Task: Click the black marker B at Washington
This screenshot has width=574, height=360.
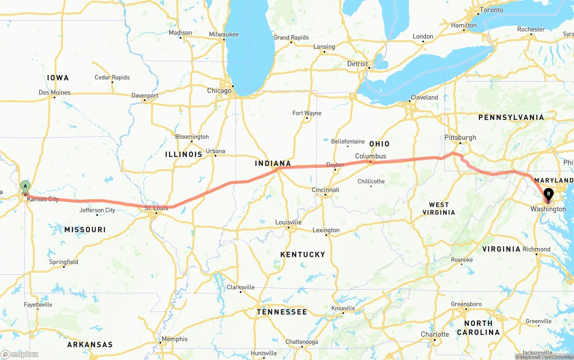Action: point(548,195)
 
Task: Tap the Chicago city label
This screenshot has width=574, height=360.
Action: point(219,91)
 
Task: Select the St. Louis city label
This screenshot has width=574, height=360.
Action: point(156,208)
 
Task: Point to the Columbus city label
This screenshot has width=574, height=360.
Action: point(370,156)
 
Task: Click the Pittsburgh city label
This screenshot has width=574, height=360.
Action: point(460,138)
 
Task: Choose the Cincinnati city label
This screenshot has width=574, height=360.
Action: point(325,190)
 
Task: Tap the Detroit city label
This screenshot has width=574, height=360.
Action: point(357,64)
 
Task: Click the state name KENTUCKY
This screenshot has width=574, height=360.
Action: point(303,255)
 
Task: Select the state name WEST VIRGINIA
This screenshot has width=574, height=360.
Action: point(439,208)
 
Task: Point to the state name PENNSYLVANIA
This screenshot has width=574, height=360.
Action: point(511,117)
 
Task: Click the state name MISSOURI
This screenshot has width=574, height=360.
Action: point(85,230)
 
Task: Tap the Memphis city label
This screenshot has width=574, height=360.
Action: point(174,339)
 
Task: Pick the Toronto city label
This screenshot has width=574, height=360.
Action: point(491,10)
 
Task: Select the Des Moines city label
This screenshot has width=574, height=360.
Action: point(55,93)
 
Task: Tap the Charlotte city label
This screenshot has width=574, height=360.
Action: point(435,334)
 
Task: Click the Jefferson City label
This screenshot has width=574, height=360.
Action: point(97,210)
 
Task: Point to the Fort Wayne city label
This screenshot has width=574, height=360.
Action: point(307,113)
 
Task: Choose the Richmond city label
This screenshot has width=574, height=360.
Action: point(536,249)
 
